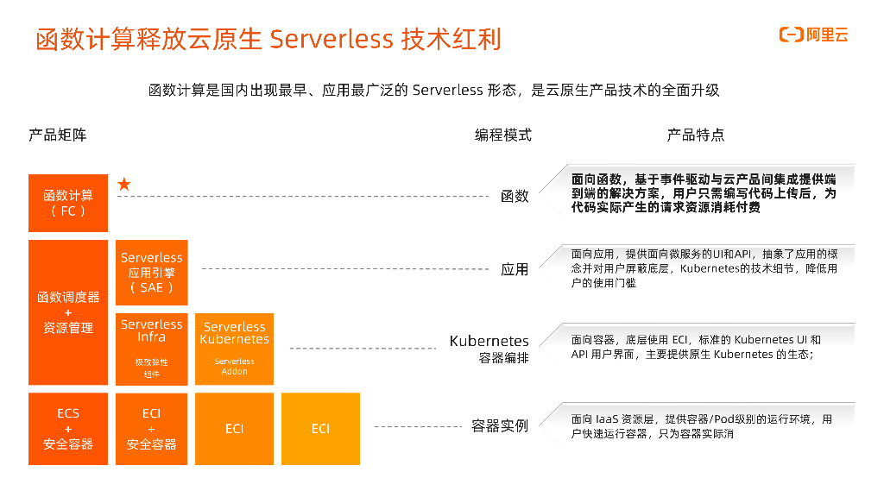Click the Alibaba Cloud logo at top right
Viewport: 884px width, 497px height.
point(814,35)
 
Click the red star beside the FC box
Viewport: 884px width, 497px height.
point(124,184)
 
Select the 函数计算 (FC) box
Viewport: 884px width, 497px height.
point(68,203)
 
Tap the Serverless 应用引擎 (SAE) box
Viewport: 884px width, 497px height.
point(151,273)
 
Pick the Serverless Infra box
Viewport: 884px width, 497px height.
point(151,349)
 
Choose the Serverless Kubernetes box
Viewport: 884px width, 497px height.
point(234,349)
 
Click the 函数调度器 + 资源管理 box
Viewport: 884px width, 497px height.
point(68,312)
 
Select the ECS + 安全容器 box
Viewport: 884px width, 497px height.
point(68,429)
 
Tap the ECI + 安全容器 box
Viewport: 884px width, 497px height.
point(151,429)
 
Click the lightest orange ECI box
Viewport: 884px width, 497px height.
point(320,429)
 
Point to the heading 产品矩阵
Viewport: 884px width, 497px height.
point(58,135)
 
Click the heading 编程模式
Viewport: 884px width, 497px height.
point(503,135)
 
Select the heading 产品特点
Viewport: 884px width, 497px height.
point(695,135)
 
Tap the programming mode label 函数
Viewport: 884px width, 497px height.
point(515,196)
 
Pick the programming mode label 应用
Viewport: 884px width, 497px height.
point(515,270)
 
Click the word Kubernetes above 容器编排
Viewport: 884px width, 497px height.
point(489,341)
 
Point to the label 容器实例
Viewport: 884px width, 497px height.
point(500,426)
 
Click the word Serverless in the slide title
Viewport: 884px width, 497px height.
point(331,40)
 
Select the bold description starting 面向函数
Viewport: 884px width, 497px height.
point(704,192)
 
